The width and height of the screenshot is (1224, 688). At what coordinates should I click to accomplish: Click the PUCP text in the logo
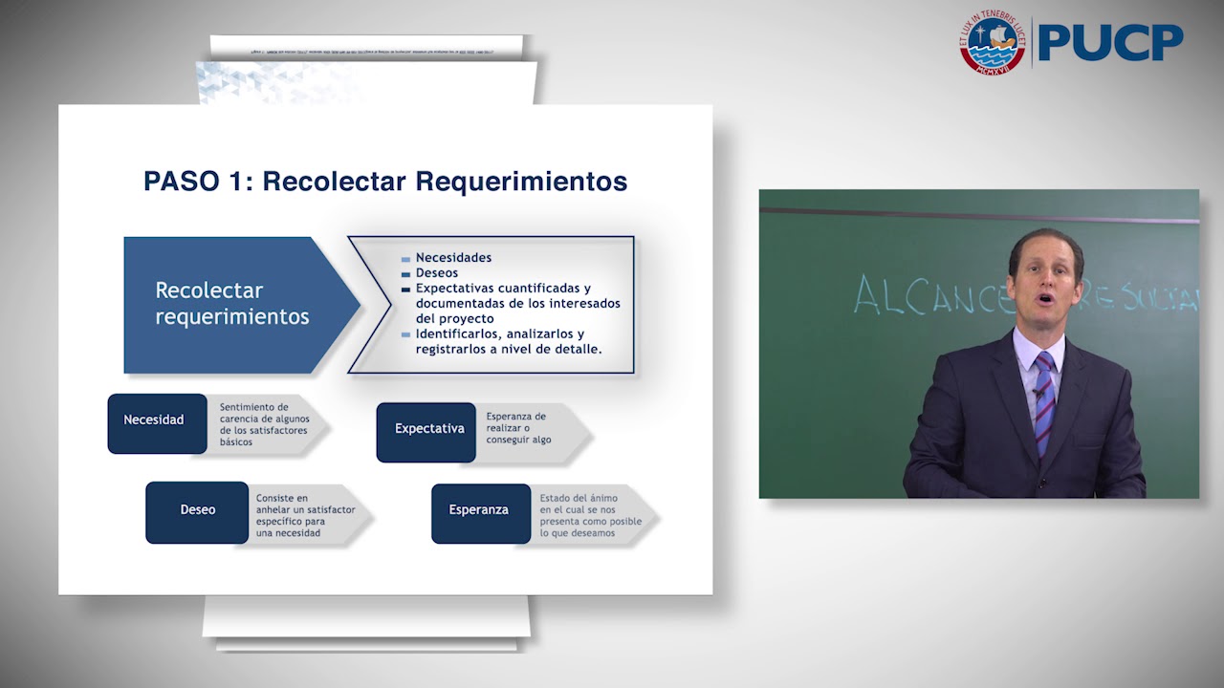point(1110,42)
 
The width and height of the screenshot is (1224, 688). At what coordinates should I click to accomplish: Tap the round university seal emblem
point(992,43)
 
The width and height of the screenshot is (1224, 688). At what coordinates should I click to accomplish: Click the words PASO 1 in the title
point(195,182)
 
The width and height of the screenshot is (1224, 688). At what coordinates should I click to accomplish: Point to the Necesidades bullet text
point(453,258)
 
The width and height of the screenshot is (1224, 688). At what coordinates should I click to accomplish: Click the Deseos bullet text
point(437,273)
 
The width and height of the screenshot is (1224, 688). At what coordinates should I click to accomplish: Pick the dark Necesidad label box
point(156,420)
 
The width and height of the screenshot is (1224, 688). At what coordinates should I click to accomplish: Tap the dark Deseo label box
point(197,510)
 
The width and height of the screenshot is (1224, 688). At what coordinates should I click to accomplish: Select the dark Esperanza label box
point(479,510)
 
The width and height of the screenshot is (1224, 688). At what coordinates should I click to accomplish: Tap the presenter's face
point(1044,287)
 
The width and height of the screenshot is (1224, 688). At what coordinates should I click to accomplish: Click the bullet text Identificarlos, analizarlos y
point(499,334)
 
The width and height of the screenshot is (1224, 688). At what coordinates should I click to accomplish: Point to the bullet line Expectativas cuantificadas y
point(503,289)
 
